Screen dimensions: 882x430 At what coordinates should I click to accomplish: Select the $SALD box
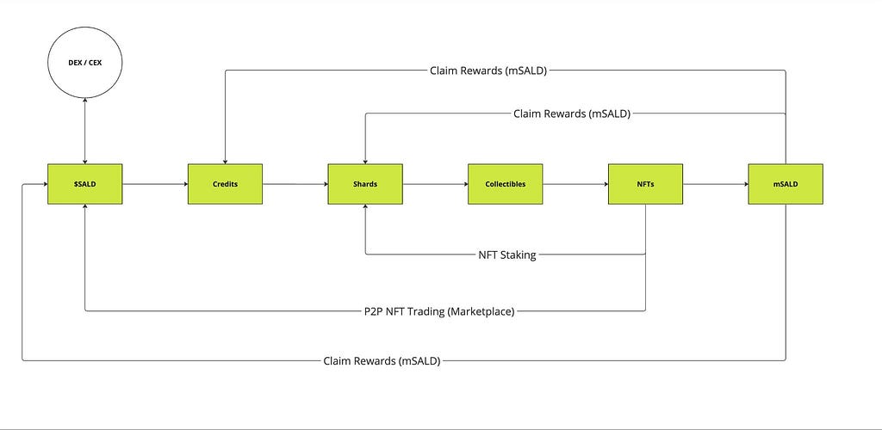coord(85,184)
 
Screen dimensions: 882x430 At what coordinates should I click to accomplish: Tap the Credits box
coord(225,184)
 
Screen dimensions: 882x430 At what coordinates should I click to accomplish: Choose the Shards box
coord(365,184)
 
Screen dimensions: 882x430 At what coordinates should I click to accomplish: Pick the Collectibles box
coord(505,184)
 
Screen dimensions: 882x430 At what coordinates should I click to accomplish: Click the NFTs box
coord(645,184)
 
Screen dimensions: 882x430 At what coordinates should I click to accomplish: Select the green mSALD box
coord(786,184)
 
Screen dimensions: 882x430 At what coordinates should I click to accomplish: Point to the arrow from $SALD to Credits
coord(155,184)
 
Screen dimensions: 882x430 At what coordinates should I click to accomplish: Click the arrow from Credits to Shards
coord(295,184)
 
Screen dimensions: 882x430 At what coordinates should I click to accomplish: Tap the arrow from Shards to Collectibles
coord(435,184)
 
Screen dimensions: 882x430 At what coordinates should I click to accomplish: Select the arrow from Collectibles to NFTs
coord(575,184)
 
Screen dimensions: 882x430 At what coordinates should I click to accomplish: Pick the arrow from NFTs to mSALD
coord(716,184)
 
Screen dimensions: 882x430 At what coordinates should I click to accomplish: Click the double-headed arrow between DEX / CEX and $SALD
coord(85,132)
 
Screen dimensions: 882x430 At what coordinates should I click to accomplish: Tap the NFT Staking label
coord(507,255)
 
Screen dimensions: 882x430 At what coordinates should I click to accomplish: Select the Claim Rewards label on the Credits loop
coord(488,71)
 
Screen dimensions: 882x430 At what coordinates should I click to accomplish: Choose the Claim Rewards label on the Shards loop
coord(572,114)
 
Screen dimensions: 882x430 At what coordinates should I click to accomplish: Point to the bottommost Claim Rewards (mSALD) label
coord(382,361)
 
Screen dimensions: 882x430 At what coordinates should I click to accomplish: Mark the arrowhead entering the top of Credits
coord(225,161)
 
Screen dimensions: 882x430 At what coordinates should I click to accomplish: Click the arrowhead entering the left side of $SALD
coord(44,184)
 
